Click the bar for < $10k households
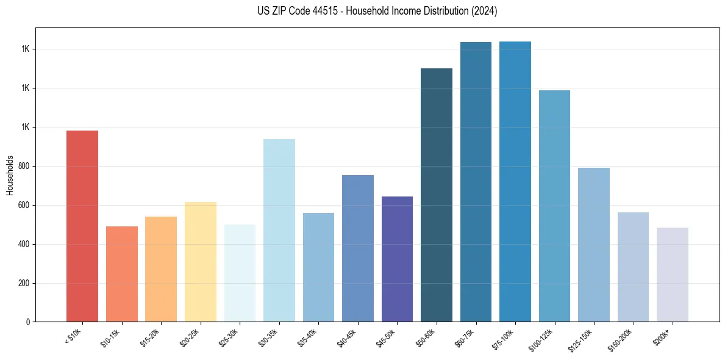(82, 226)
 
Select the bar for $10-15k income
(122, 274)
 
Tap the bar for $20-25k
(201, 262)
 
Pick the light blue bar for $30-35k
(279, 230)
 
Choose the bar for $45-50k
(397, 259)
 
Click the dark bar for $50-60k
(437, 195)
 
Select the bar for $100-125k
(554, 206)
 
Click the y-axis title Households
(10, 175)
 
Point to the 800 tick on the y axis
(24, 166)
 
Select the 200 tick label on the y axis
(24, 283)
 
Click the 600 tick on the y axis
(24, 205)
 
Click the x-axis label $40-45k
(347, 338)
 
